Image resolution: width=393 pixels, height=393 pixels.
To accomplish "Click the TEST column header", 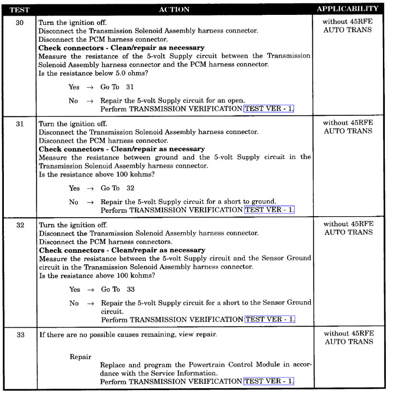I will click(20, 9).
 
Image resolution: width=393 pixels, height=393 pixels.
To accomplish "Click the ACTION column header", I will click(174, 9).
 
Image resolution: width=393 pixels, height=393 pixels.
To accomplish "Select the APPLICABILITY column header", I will click(347, 9).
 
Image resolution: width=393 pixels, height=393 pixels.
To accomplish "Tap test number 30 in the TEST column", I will click(20, 23).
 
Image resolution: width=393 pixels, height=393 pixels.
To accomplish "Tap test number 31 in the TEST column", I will click(20, 123).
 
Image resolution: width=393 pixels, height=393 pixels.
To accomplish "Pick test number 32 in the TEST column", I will click(20, 225).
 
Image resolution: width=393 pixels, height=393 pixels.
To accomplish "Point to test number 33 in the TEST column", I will click(20, 335).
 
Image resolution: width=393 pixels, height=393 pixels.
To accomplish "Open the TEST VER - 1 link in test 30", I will click(269, 109).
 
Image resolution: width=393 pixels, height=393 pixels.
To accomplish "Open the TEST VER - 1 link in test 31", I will click(269, 210).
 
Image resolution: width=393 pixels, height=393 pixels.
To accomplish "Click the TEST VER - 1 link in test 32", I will click(269, 319).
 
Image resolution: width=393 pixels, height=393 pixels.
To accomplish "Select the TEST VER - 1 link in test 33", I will click(269, 381).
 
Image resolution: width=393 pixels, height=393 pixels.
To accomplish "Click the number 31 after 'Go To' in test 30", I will click(130, 87).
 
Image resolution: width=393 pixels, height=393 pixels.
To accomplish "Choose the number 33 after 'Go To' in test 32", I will click(131, 289).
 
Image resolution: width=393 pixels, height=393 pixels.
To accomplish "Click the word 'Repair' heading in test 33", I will click(81, 357).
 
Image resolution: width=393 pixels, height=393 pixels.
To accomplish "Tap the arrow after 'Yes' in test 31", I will click(90, 188).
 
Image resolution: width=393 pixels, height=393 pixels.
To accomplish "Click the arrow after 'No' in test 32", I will click(89, 303).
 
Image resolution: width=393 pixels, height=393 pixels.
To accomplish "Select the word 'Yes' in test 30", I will click(74, 87).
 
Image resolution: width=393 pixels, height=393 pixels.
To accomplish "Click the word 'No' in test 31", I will click(73, 202).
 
